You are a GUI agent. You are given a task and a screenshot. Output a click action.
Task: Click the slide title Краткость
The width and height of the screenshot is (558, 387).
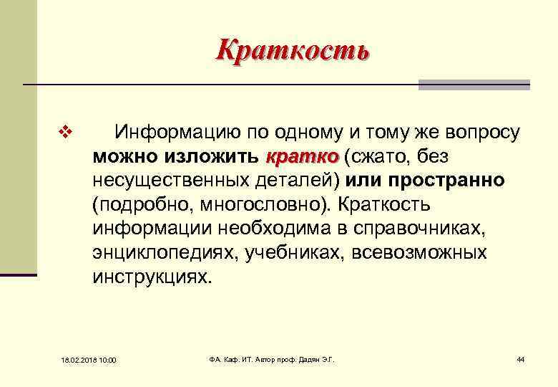(x=293, y=50)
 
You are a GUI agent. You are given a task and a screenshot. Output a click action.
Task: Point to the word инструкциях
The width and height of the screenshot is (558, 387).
(x=152, y=277)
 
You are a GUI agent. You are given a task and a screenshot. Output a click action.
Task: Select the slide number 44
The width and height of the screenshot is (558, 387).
(x=520, y=358)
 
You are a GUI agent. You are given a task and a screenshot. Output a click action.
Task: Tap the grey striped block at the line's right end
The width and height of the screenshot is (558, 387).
(x=474, y=85)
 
